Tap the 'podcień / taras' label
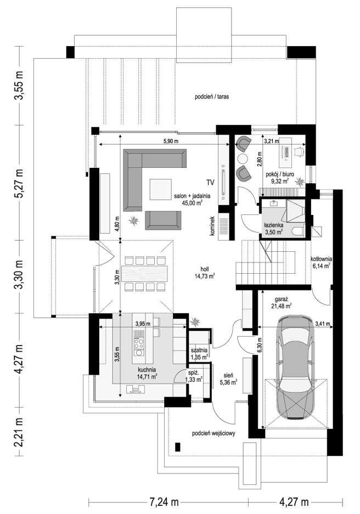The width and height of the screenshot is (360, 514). click(212, 97)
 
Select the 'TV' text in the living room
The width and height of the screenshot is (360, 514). click(210, 182)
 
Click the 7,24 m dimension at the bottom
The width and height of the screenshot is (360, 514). click(164, 502)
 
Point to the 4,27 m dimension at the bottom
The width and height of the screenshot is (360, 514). click(294, 502)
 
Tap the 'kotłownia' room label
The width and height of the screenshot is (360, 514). click(322, 258)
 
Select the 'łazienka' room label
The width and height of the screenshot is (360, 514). click(274, 225)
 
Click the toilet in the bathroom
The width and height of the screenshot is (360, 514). click(299, 231)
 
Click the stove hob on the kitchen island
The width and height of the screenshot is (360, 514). click(139, 343)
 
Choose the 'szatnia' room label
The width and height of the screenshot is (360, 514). click(199, 350)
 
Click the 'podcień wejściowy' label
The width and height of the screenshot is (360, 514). click(213, 433)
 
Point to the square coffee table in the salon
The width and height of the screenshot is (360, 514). click(161, 189)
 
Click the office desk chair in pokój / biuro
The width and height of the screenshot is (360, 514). click(299, 151)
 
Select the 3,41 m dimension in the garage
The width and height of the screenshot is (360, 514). click(322, 324)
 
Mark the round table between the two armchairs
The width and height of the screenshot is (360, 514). click(243, 159)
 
